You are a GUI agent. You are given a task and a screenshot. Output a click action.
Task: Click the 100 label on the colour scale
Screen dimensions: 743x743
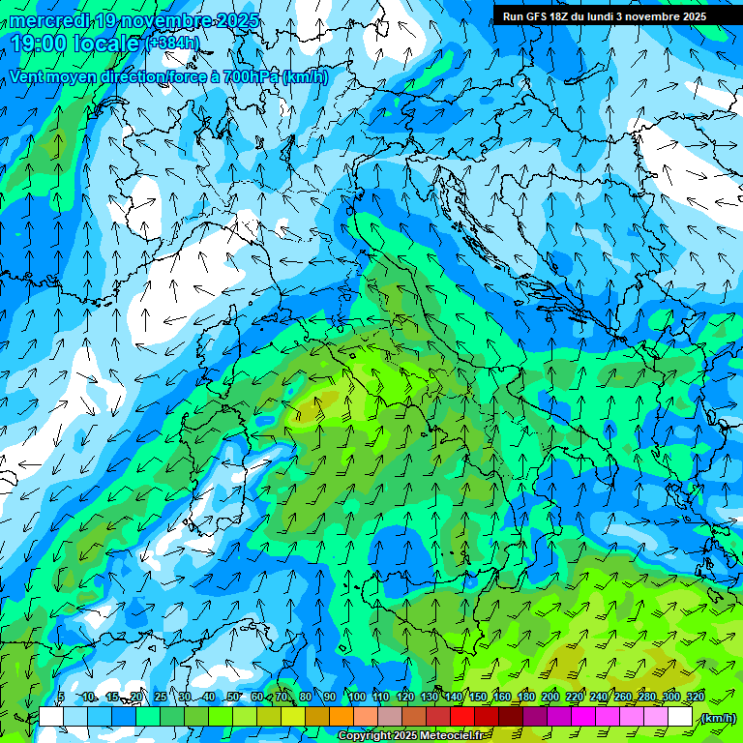pos(357,698)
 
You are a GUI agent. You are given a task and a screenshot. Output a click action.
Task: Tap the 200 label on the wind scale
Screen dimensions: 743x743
pos(550,698)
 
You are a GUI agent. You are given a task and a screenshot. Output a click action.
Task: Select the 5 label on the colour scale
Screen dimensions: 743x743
pos(61,698)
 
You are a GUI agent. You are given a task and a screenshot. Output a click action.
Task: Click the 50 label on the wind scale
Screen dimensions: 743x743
pos(233,698)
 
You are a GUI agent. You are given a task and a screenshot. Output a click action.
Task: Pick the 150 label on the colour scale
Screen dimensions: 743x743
pos(478,698)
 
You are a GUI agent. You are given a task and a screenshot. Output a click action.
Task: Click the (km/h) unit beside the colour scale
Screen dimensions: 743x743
pos(717,718)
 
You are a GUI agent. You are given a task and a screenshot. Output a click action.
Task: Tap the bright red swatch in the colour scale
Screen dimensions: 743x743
pos(462,717)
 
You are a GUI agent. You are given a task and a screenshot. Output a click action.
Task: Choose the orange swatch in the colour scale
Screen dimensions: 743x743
pos(342,717)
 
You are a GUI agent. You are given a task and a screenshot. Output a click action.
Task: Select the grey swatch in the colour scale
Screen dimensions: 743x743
pos(390,717)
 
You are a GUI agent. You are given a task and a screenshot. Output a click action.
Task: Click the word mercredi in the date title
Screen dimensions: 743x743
pos(49,20)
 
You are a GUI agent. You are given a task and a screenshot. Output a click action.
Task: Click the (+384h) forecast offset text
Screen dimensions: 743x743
pos(174,44)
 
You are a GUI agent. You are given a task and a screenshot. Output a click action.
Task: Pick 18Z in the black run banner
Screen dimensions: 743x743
pos(563,16)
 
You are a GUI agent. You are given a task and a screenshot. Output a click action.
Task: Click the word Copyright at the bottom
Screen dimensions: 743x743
pos(364,736)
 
